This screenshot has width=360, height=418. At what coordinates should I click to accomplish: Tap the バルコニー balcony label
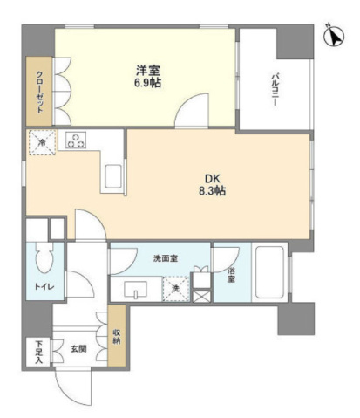273,88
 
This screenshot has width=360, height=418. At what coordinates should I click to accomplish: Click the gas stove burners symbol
75,140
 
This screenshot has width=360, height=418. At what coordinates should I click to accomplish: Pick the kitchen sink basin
115,175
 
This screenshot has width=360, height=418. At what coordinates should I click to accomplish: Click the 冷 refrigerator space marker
41,140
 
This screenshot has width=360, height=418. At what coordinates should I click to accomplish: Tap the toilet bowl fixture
43,259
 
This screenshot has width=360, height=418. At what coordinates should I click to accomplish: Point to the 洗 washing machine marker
175,289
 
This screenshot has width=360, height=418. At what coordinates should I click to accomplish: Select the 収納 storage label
116,335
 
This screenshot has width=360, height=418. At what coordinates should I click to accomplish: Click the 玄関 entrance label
78,349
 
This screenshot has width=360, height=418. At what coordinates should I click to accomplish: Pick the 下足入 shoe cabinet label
37,351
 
